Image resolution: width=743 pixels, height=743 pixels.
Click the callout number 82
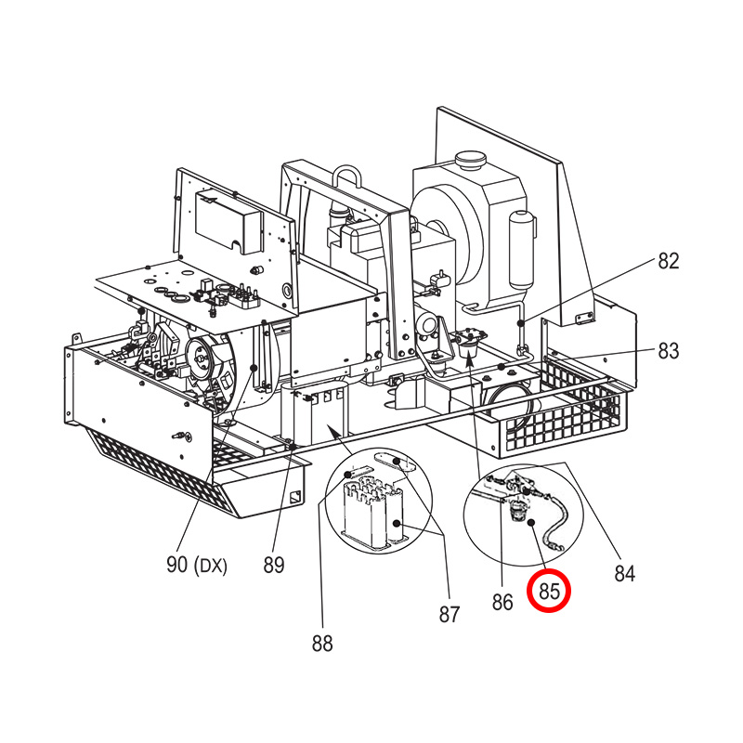[x=668, y=261]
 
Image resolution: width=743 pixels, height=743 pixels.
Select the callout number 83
[x=668, y=351]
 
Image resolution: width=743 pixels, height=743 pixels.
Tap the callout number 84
[x=624, y=573]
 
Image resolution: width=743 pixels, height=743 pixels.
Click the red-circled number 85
[x=549, y=591]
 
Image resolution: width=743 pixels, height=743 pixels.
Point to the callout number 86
[x=502, y=602]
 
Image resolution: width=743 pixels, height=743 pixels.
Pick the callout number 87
[x=450, y=615]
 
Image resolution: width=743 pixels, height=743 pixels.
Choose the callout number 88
[x=322, y=644]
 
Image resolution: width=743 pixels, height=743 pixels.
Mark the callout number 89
[x=273, y=566]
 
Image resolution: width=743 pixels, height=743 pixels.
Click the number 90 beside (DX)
[x=176, y=565]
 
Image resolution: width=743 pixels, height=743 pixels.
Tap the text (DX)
[x=211, y=566]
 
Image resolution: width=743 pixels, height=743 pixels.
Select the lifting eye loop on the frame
[x=347, y=176]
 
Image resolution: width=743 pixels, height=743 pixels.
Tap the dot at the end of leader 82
[x=521, y=323]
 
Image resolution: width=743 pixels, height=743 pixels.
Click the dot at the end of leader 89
[x=293, y=447]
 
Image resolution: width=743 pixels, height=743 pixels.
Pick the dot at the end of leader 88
[x=348, y=475]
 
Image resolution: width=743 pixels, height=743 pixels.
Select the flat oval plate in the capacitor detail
[x=396, y=462]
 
